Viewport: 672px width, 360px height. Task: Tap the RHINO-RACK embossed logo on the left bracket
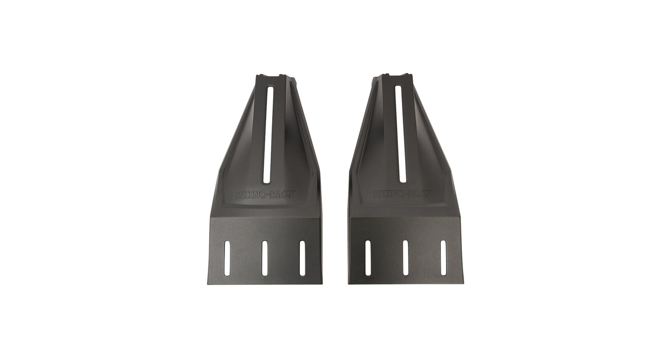266,195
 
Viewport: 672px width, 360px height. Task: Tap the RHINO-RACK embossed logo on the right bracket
403,194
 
